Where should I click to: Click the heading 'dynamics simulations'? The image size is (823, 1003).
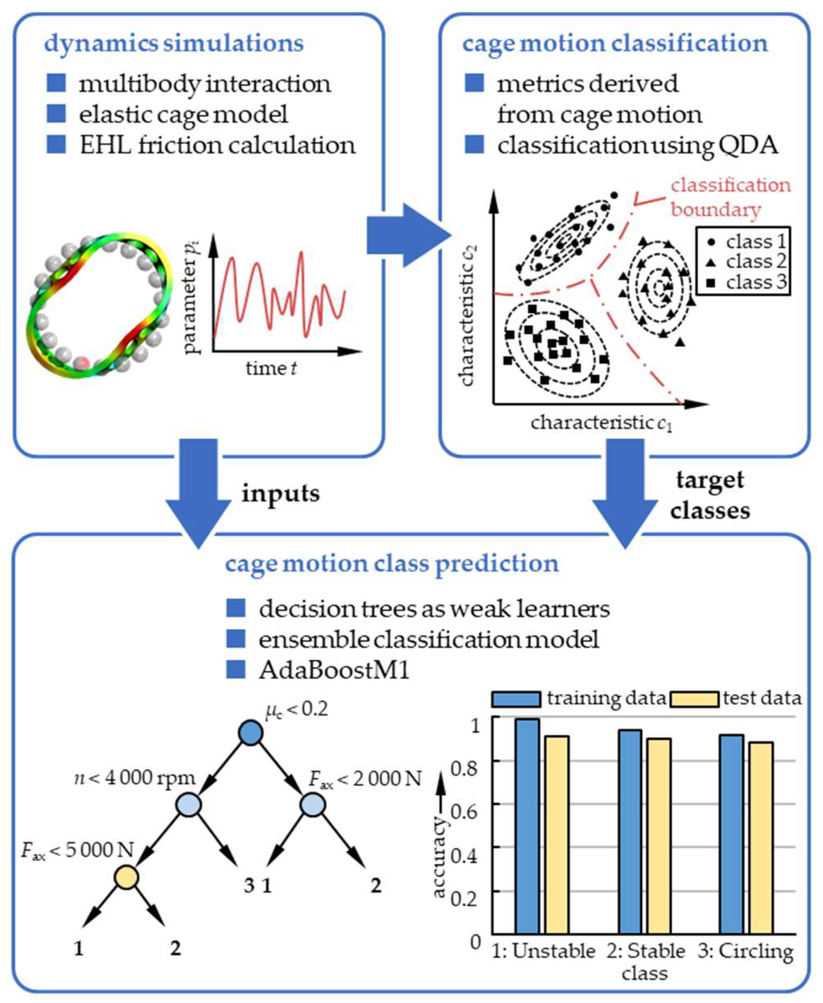pyautogui.click(x=173, y=43)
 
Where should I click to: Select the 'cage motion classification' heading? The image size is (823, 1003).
pyautogui.click(x=615, y=43)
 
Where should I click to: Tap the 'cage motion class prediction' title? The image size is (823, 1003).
pyautogui.click(x=392, y=563)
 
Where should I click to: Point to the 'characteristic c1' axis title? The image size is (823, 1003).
pyautogui.click(x=601, y=423)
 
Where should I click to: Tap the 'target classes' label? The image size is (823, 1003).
pyautogui.click(x=710, y=495)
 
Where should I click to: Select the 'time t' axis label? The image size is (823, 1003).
pyautogui.click(x=271, y=367)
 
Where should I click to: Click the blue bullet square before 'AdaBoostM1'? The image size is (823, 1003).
pyautogui.click(x=236, y=670)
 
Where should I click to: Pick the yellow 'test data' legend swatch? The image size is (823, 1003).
pyautogui.click(x=695, y=699)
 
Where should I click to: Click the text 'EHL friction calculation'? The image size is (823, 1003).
pyautogui.click(x=217, y=145)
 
